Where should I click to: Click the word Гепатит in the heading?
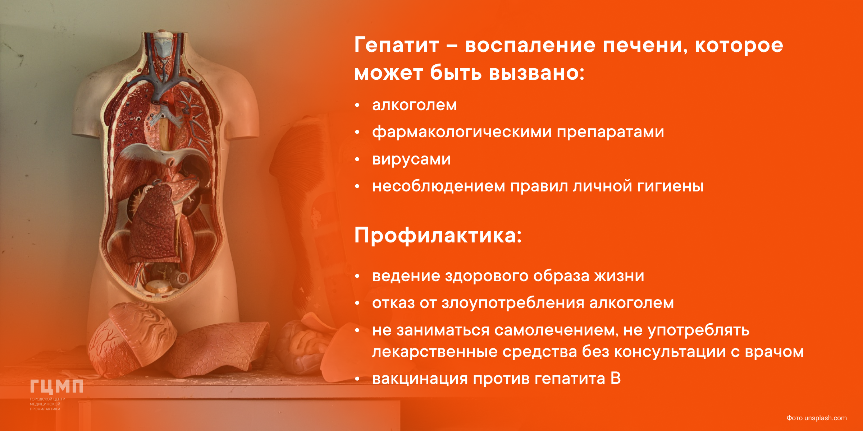pos(397,45)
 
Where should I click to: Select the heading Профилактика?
pos(438,236)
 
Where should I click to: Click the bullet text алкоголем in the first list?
pos(414,105)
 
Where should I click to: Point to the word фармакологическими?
pos(462,132)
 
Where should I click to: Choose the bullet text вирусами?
pos(411,159)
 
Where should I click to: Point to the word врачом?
pos(774,352)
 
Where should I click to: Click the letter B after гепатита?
pos(616,379)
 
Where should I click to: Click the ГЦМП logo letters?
pos(56,387)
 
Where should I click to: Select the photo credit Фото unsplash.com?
pos(816,418)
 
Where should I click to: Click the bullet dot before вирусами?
pos(357,159)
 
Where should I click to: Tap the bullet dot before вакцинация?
pos(357,379)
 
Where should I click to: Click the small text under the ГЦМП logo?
pos(47,404)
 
